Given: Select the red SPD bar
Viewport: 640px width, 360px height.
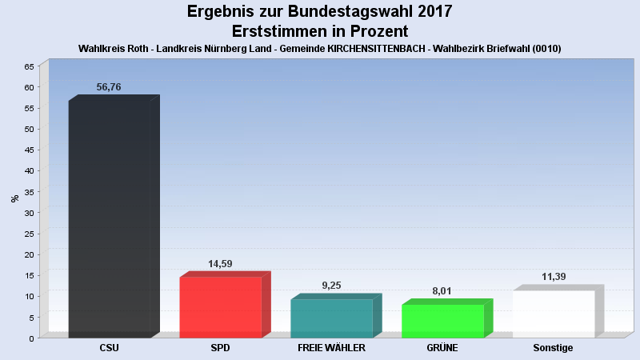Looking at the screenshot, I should pyautogui.click(x=220, y=307).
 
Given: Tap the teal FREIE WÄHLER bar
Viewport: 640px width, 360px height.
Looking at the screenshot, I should pyautogui.click(x=331, y=318).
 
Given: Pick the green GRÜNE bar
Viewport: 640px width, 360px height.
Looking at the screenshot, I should pyautogui.click(x=442, y=321).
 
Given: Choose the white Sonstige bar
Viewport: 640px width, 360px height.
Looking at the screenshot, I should pyautogui.click(x=554, y=314).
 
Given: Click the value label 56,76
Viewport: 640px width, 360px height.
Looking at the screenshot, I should pyautogui.click(x=109, y=87).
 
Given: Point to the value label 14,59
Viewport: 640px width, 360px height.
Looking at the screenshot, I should pyautogui.click(x=220, y=264).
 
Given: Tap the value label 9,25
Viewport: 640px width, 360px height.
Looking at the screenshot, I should pyautogui.click(x=331, y=286).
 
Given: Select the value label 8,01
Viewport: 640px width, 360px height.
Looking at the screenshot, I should pyautogui.click(x=442, y=291).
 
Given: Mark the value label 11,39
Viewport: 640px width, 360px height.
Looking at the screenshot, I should pyautogui.click(x=554, y=277).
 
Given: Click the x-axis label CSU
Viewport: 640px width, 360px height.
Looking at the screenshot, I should pyautogui.click(x=110, y=348).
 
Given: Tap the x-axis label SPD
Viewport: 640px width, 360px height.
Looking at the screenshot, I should pyautogui.click(x=220, y=348).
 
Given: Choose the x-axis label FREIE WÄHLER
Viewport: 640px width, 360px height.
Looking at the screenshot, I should pyautogui.click(x=331, y=348).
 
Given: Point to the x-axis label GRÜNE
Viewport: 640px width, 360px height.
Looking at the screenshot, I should pyautogui.click(x=442, y=348).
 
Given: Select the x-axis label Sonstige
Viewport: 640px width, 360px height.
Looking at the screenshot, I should pyautogui.click(x=554, y=348).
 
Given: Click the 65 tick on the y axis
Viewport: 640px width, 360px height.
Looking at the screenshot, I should pyautogui.click(x=29, y=66).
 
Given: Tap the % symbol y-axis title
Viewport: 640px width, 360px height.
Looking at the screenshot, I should pyautogui.click(x=14, y=198).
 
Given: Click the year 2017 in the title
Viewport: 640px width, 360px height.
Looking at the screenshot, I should pyautogui.click(x=434, y=12).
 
